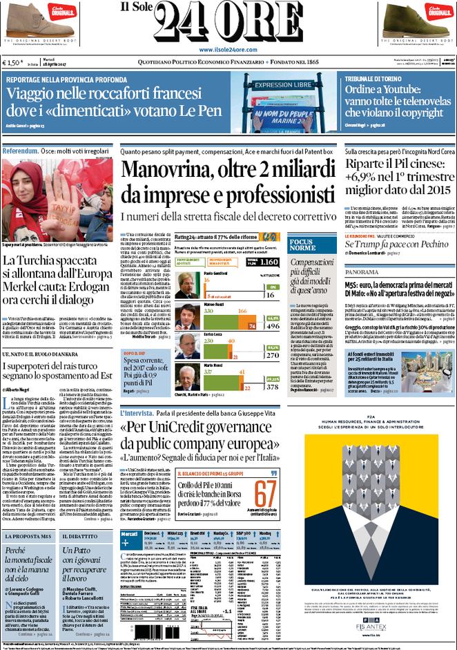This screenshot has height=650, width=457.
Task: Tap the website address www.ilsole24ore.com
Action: coord(228,50)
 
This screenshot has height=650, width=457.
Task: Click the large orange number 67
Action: coord(266,494)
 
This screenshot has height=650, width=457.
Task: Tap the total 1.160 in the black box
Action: coord(270,262)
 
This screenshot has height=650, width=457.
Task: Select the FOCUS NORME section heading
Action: coord(302,244)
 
